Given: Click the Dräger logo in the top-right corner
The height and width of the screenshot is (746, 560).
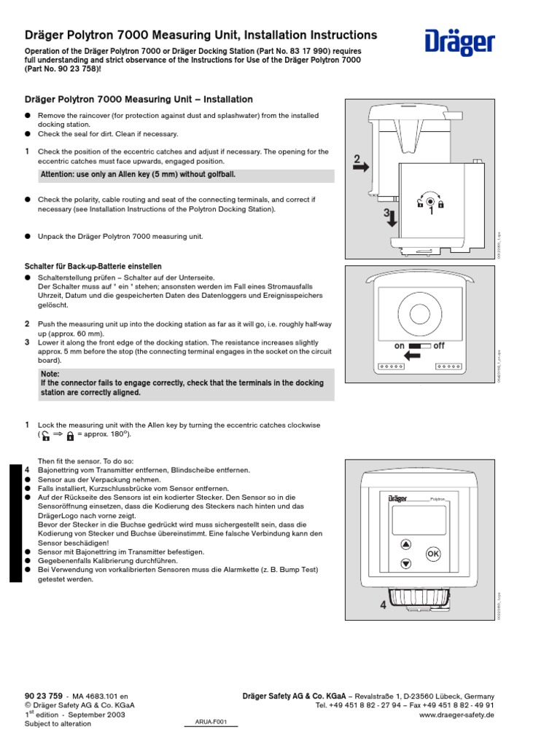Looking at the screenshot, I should pos(459,42).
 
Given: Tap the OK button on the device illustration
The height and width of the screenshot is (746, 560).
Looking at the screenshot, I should pos(432,553).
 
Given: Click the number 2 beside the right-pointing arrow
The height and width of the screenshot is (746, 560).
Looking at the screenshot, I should pos(357,160).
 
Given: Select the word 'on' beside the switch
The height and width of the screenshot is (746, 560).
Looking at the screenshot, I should pos(399,345).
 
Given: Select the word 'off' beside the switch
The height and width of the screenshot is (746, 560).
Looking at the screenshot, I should pos(439,345).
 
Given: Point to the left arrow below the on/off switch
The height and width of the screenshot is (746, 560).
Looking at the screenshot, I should pos(413,356).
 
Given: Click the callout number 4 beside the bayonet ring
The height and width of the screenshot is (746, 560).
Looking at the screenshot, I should pos(383,605).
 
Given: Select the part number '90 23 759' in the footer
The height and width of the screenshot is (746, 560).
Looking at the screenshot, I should pos(44,696).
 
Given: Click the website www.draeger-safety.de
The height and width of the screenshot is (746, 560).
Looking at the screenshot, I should pos(457,715).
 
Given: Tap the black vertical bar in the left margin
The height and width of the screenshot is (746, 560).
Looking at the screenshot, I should pos(16,522).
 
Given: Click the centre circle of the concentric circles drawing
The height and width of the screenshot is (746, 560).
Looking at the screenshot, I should pos(419,315).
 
